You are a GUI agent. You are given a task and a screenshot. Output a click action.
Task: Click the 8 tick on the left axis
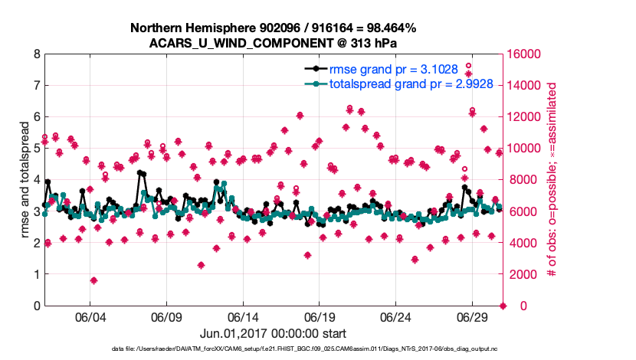[37, 54]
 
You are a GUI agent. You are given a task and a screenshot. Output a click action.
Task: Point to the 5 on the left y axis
[37, 149]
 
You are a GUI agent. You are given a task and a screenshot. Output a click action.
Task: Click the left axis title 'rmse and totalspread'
[25, 180]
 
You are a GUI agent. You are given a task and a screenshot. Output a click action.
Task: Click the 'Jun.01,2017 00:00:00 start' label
[274, 333]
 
